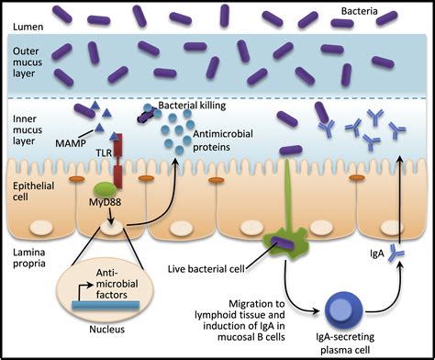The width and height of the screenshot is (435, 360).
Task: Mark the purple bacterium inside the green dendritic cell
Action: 279,244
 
